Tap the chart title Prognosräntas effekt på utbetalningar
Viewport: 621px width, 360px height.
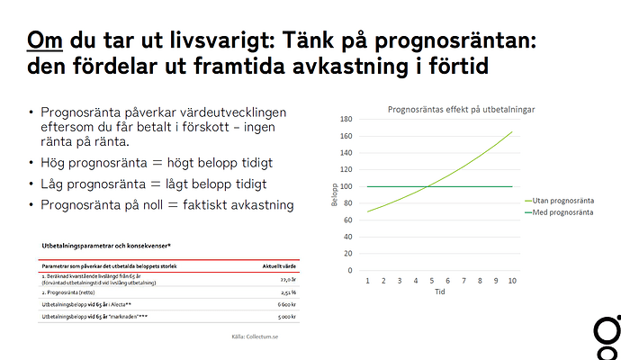click(x=461, y=109)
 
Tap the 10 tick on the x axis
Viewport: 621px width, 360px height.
click(x=511, y=282)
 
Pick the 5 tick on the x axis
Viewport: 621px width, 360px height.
click(x=431, y=282)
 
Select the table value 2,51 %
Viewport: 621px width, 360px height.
click(x=287, y=292)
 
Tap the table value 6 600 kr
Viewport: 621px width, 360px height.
click(x=287, y=305)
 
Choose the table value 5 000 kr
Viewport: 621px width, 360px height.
click(x=287, y=318)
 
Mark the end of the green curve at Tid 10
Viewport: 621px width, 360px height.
click(x=512, y=131)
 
